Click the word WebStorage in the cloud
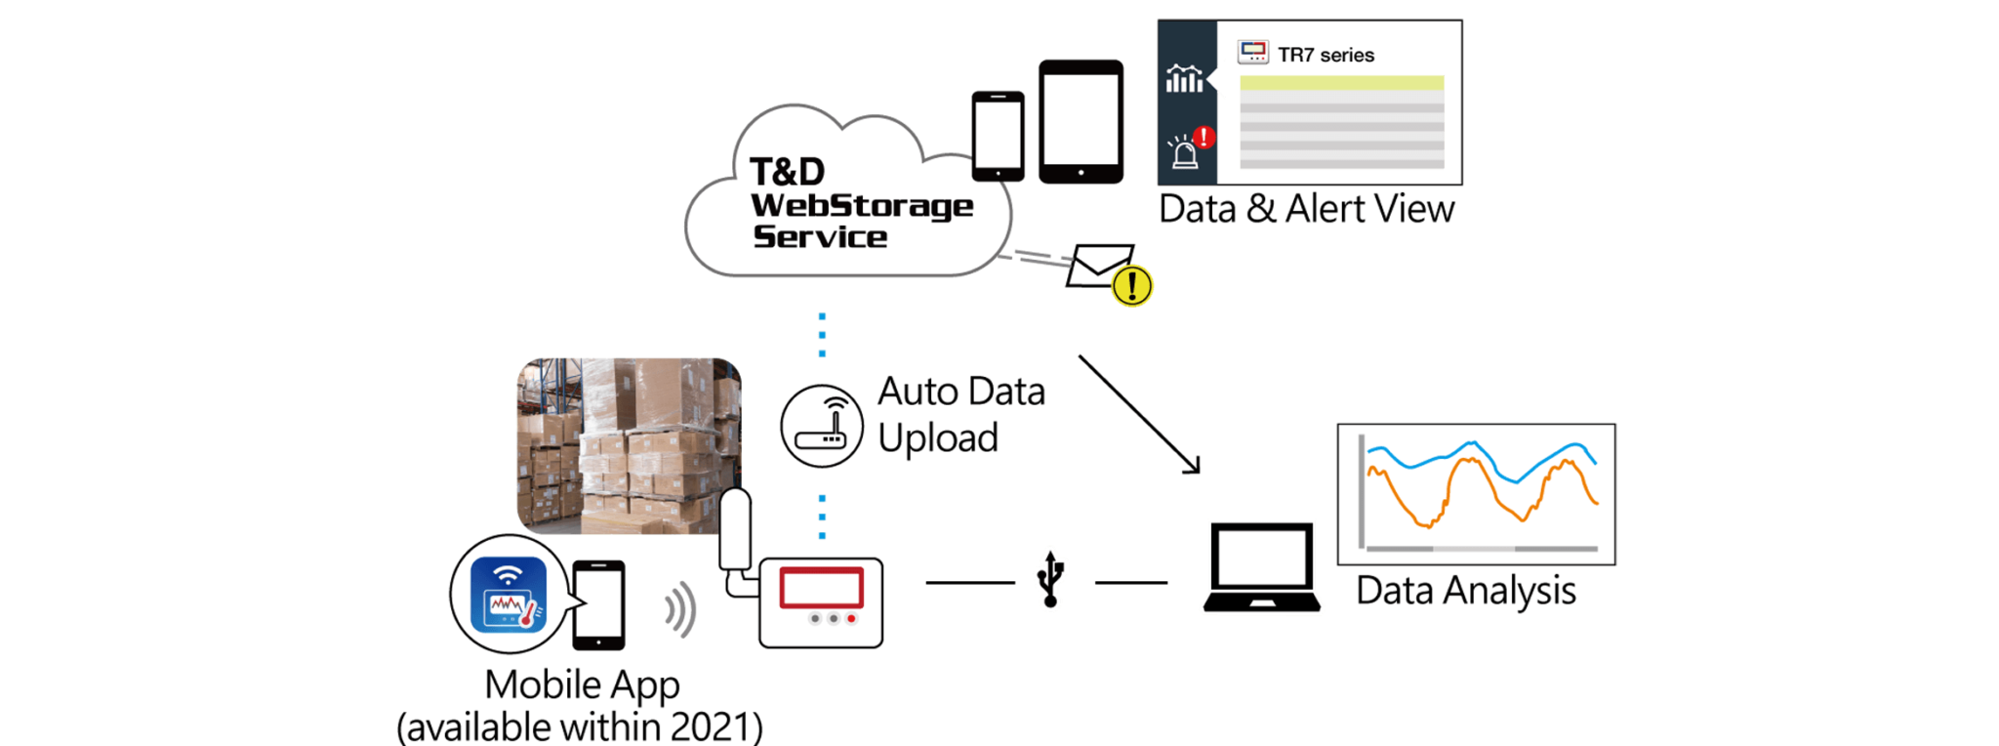[861, 206]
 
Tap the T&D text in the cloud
[787, 172]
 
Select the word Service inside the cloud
[820, 236]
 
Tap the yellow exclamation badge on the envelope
[1132, 286]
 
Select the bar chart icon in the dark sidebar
[1184, 79]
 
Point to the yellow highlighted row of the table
[1341, 83]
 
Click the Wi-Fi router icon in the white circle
[822, 426]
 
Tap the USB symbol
[1050, 578]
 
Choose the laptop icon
[1261, 567]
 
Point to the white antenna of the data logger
[734, 532]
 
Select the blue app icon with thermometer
[507, 594]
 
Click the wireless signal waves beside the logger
[681, 609]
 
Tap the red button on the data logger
[851, 619]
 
